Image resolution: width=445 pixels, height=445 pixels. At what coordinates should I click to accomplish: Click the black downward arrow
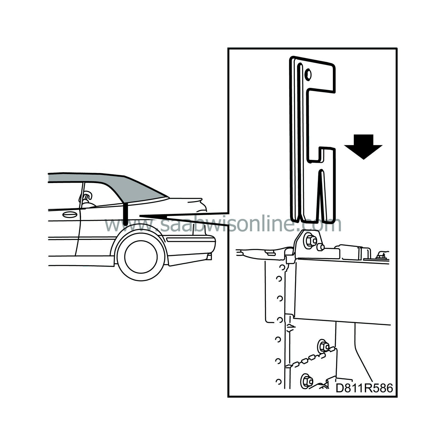tap(363, 147)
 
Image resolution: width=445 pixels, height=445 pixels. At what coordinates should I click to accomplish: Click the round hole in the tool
tap(308, 74)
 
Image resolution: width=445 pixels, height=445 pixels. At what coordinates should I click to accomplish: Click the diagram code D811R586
tap(364, 388)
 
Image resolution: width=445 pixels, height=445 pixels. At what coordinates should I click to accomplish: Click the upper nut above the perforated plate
tap(322, 345)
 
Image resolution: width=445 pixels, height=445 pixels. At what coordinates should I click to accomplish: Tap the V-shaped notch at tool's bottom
tap(322, 200)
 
